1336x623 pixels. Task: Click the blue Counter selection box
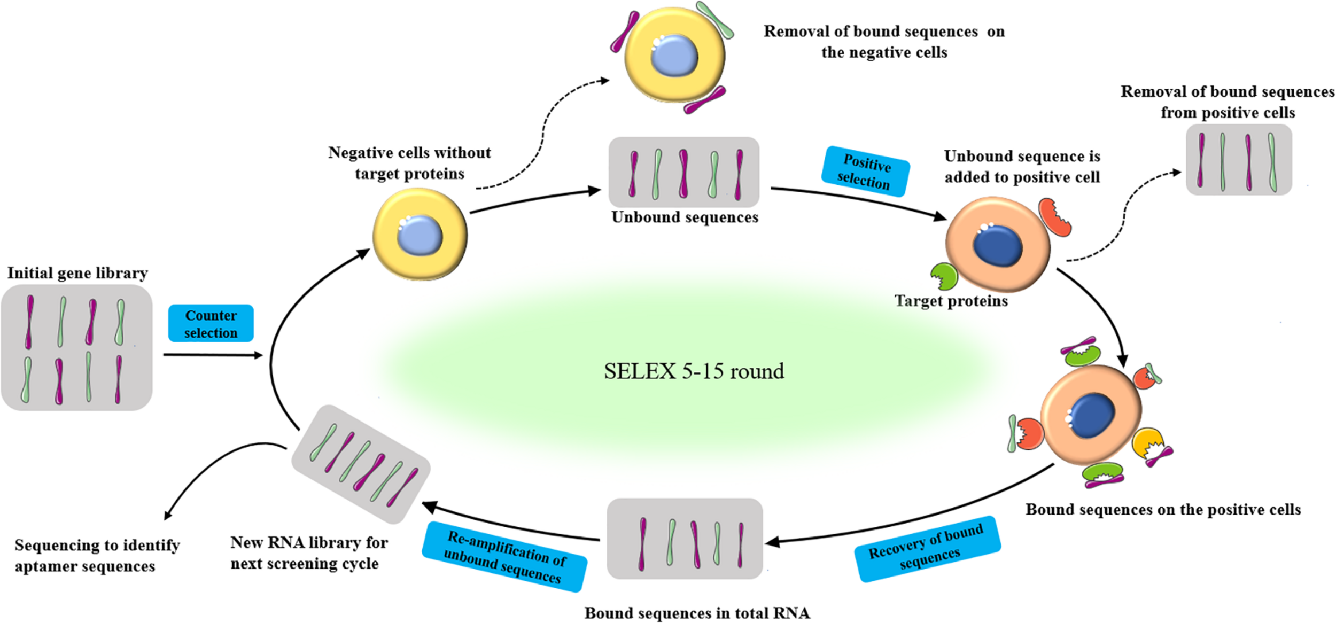[211, 323]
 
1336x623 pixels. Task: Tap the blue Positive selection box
[865, 172]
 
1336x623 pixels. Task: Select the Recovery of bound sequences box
[927, 548]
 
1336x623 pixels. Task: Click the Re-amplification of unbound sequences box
[504, 557]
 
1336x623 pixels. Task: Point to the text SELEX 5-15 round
[694, 371]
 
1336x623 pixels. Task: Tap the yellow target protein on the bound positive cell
[1147, 442]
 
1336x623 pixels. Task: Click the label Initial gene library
[77, 273]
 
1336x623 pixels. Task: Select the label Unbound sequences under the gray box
[685, 217]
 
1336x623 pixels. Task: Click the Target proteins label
[951, 301]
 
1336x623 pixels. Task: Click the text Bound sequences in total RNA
[697, 613]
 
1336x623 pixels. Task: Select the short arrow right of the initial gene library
[213, 355]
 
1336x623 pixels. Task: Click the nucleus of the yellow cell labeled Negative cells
[420, 235]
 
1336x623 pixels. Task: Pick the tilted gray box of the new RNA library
[361, 464]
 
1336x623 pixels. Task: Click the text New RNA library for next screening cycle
[308, 553]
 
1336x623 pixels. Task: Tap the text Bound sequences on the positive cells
[1163, 510]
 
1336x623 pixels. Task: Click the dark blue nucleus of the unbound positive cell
[997, 246]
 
